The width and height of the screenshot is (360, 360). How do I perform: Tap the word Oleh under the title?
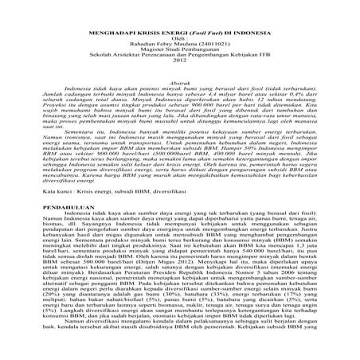181,37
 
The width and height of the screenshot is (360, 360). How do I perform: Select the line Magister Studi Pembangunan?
180,52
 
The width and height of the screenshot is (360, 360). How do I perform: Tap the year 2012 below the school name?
180,66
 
